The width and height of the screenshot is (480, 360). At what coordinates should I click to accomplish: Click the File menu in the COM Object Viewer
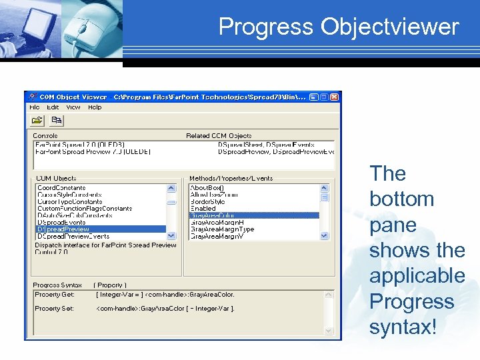pos(34,107)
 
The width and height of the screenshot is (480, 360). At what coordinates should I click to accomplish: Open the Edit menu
pos(53,107)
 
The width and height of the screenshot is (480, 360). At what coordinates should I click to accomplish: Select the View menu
pos(73,107)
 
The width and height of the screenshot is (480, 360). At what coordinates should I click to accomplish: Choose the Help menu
pos(95,107)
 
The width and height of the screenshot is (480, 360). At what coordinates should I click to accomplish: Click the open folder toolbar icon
pos(37,121)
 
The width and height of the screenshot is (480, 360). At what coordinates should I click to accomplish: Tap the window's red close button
pos(335,97)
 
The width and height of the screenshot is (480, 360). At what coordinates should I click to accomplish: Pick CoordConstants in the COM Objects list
pos(61,188)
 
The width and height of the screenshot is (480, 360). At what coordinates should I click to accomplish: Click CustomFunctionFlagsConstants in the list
pos(85,209)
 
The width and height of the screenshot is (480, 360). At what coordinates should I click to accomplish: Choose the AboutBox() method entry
pos(207,188)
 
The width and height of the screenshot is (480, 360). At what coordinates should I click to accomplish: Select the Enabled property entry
pos(203,209)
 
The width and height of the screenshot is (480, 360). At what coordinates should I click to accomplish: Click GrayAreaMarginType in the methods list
pos(222,229)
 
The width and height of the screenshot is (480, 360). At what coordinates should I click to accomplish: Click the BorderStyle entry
pos(207,201)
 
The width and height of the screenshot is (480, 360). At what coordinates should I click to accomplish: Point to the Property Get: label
pos(55,294)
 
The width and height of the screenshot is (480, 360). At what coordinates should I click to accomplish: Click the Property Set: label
pos(55,309)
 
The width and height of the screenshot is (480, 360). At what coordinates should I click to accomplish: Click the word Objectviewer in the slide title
pos(390,27)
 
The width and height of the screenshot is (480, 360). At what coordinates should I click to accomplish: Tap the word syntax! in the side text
pos(403,327)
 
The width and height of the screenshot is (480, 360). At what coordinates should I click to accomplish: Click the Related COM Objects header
pos(219,136)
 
